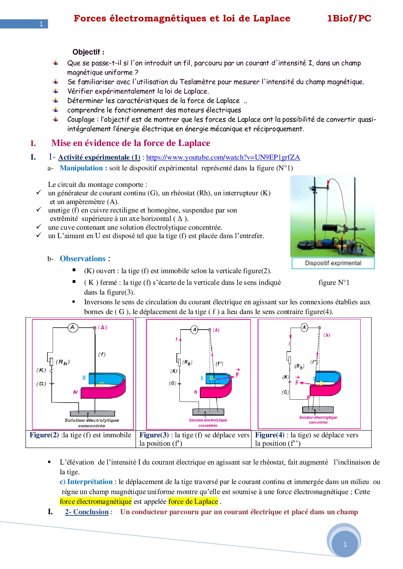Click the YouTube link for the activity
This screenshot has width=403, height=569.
coord(223,157)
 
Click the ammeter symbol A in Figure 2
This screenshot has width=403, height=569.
coord(72,327)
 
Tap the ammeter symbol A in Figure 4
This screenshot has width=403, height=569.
coord(304,327)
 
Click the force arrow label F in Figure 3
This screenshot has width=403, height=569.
coord(237,375)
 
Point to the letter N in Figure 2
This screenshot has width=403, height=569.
coord(75,392)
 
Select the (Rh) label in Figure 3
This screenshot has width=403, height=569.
coord(187,362)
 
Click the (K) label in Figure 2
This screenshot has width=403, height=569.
coord(41,370)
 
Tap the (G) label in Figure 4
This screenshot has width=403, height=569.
coord(285,392)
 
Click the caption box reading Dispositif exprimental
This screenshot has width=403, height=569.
coord(333,263)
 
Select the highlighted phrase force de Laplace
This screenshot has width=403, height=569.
coord(193,502)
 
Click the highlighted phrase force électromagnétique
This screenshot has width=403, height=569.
coord(96,502)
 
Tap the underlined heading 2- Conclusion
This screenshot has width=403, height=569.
coord(86,512)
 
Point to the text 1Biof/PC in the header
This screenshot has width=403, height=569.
coord(349,18)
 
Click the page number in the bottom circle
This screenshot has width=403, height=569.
coord(345,544)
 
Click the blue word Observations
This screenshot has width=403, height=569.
coord(83,259)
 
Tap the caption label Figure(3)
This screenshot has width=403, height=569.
coord(154,435)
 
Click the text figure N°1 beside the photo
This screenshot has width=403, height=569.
coord(334,283)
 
